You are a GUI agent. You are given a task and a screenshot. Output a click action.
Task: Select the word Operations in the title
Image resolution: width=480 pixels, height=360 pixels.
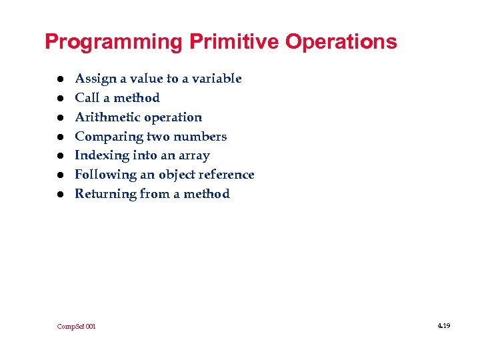click(341, 42)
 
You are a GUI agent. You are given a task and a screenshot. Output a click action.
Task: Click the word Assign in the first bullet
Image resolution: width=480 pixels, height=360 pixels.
click(95, 79)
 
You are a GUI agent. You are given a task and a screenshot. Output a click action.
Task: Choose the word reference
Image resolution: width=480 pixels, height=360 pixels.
click(226, 175)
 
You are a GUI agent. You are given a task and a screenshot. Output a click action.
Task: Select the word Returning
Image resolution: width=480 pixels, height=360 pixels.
click(105, 194)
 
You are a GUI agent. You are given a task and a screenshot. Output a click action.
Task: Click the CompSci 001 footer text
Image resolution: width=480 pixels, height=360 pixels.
click(76, 327)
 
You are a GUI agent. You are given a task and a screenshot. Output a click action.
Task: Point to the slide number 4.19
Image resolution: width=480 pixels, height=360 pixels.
click(444, 326)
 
